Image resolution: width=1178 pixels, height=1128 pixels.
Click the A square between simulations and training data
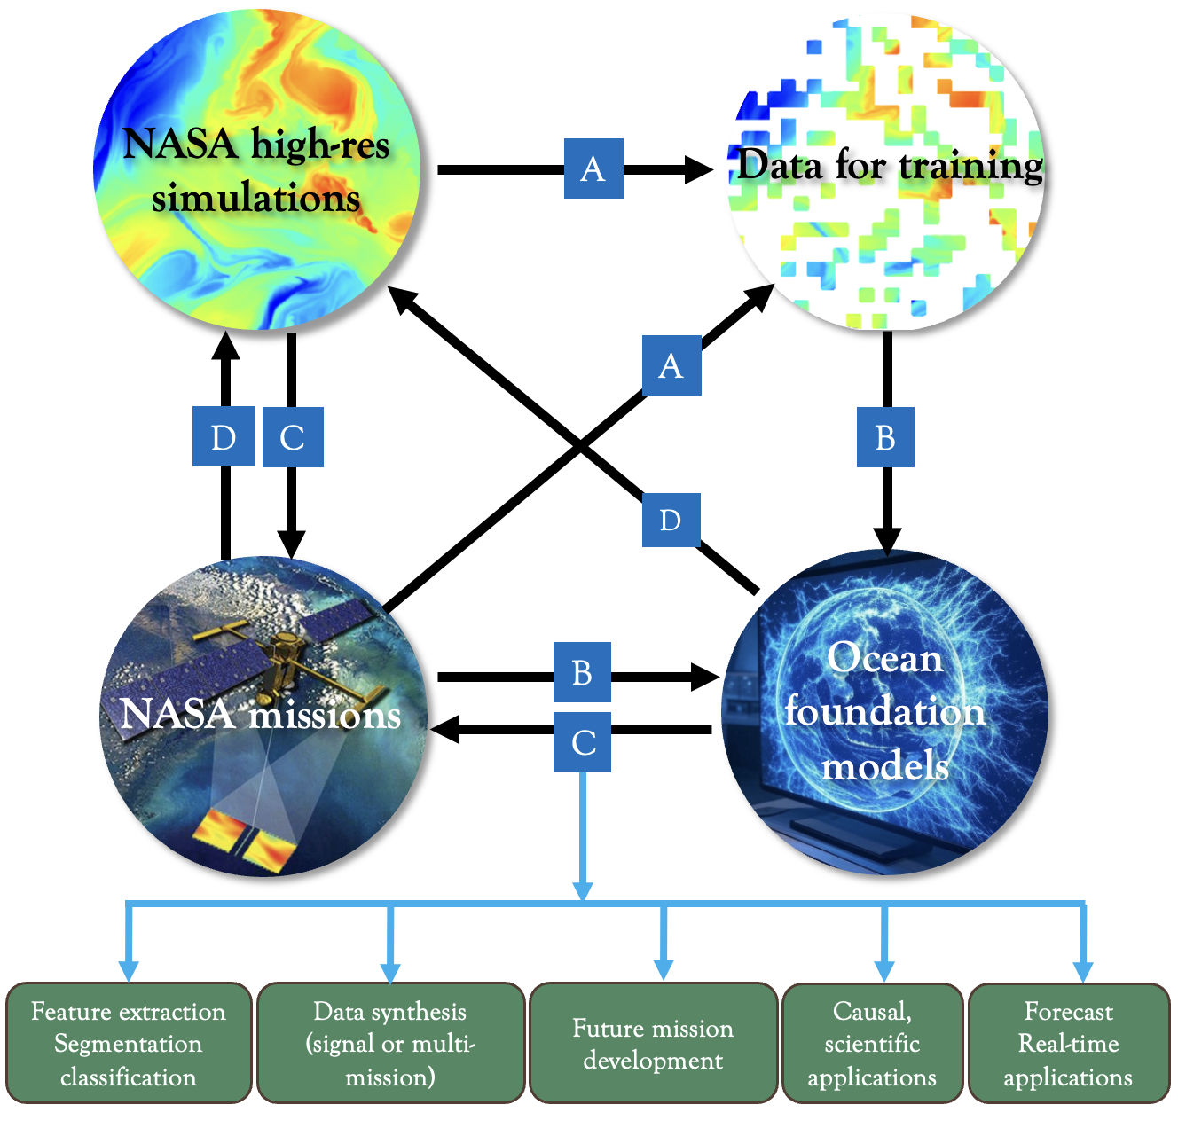tap(593, 168)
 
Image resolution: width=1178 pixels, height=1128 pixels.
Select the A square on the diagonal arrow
tap(671, 365)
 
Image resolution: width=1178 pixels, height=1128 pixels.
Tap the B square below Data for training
tap(884, 437)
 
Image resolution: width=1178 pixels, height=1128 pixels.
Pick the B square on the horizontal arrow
tap(582, 673)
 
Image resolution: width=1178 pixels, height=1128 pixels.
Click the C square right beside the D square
tap(293, 437)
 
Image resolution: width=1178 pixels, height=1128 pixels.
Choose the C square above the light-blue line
tap(582, 741)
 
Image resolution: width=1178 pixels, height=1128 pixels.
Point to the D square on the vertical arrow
tap(224, 437)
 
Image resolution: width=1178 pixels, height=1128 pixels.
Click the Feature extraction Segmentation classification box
tap(129, 1043)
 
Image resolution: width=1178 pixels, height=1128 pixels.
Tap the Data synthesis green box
tap(390, 1043)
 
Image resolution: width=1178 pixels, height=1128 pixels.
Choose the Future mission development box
tap(654, 1043)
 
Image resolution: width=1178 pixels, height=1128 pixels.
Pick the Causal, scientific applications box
tap(872, 1043)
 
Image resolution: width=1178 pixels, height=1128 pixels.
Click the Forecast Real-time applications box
tap(1068, 1043)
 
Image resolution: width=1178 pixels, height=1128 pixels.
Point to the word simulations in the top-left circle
tap(256, 198)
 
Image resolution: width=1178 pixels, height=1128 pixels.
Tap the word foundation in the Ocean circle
tap(884, 711)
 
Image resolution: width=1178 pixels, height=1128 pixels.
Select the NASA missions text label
tap(261, 714)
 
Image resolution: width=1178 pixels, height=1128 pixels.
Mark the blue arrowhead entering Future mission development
tap(664, 968)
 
